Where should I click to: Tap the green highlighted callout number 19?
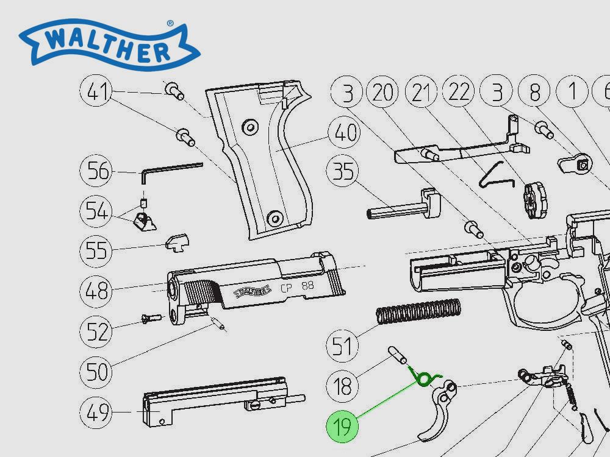pyautogui.click(x=343, y=427)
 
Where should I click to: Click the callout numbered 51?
pyautogui.click(x=343, y=345)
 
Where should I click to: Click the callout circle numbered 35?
pyautogui.click(x=343, y=172)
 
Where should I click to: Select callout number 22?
pyautogui.click(x=459, y=93)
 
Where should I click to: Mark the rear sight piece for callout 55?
pyautogui.click(x=176, y=243)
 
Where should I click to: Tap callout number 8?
pyautogui.click(x=534, y=93)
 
